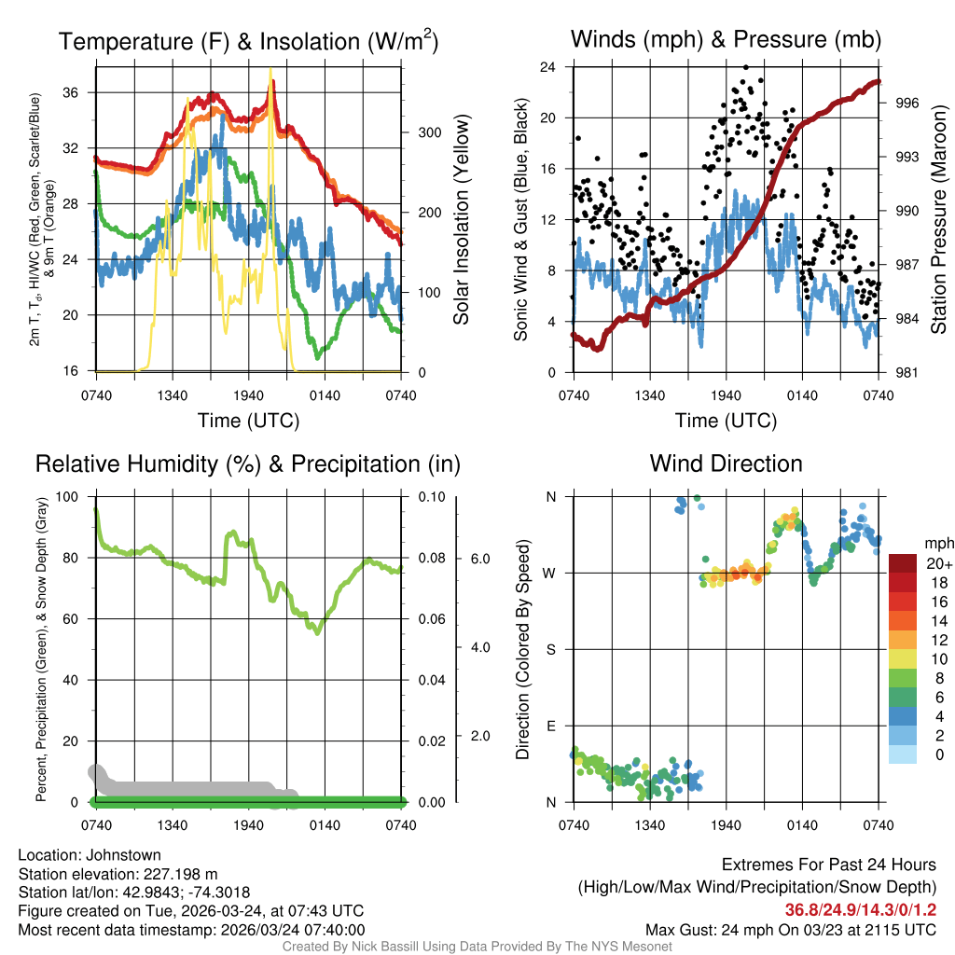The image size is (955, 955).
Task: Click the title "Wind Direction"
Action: (x=726, y=464)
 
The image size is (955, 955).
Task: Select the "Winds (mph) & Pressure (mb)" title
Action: (x=726, y=39)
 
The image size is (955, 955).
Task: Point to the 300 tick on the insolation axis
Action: (x=428, y=132)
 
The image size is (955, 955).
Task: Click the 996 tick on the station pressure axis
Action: (x=907, y=104)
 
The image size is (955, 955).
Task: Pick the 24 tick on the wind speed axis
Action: (x=547, y=67)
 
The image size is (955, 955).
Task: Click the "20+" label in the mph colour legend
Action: (x=937, y=564)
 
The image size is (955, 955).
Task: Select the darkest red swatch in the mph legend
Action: (x=903, y=564)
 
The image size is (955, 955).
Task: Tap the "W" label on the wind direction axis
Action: (x=550, y=573)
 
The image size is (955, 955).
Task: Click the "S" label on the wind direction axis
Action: (x=550, y=649)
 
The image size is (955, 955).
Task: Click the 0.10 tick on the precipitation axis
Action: (x=428, y=496)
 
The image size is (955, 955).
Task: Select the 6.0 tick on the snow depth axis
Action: (x=479, y=559)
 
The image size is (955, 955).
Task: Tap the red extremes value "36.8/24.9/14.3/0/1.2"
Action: (x=860, y=909)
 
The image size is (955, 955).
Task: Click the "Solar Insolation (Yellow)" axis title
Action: (x=461, y=220)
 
